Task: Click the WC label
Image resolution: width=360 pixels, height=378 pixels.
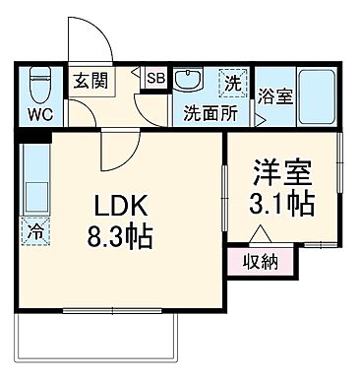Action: tap(39, 114)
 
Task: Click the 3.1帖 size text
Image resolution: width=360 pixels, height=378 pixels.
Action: tap(283, 206)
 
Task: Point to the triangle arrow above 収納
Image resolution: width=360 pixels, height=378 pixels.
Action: tap(261, 235)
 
